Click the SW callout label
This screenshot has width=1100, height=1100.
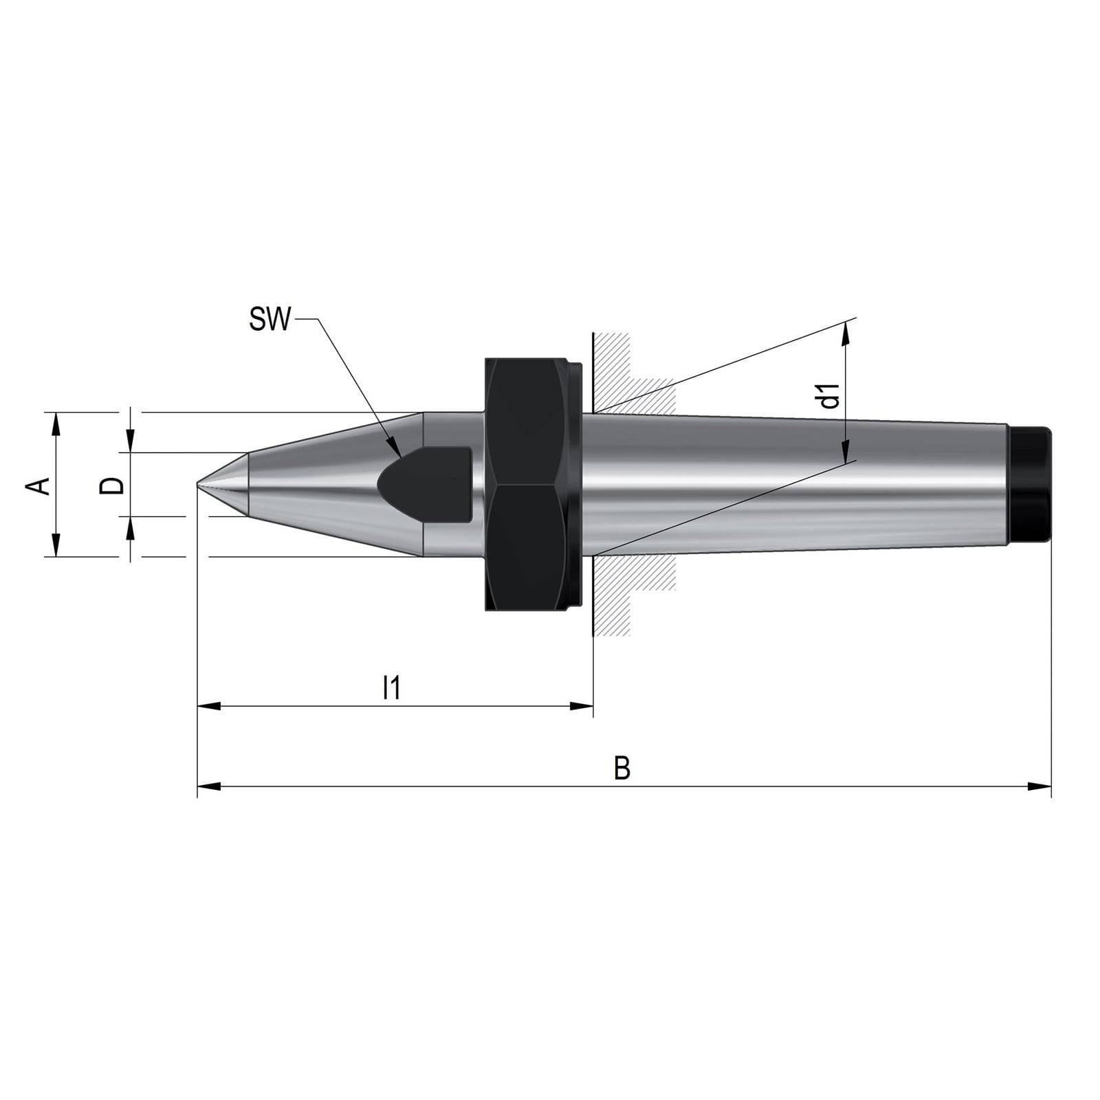tap(270, 320)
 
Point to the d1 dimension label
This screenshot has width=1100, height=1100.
tap(831, 396)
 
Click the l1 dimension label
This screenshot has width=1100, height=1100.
tap(391, 687)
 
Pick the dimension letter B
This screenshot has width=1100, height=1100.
tap(621, 768)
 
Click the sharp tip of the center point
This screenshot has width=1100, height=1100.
tap(197, 485)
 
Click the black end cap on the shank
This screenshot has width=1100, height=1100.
tap(1029, 484)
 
